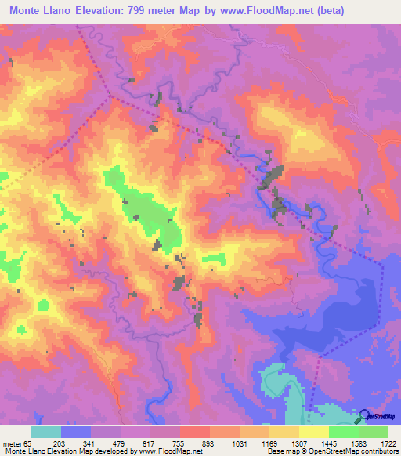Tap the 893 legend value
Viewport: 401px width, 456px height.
pos(208,443)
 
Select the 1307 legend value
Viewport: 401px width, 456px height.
pos(298,443)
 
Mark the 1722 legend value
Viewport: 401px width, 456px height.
pos(386,443)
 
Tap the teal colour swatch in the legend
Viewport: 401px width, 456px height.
pos(46,432)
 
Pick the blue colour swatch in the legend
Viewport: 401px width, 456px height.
pos(76,432)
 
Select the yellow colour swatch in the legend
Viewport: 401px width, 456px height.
pos(314,432)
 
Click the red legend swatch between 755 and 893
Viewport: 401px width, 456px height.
pos(195,432)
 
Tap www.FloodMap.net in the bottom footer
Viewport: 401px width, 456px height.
pos(168,452)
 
